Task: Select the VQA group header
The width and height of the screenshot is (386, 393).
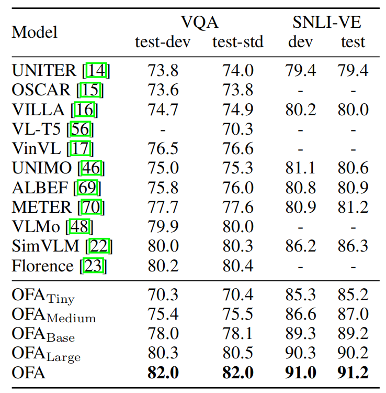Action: [199, 22]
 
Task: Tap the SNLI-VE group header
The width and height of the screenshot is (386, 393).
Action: [326, 22]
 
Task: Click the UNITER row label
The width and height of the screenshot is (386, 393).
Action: [44, 70]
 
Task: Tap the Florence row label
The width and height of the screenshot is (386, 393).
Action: [42, 266]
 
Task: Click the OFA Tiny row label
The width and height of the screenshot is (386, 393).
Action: [43, 296]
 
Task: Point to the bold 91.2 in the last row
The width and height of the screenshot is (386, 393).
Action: [353, 373]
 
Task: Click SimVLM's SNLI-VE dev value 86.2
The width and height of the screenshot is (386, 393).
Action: [300, 246]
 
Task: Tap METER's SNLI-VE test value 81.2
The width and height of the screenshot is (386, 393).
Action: [353, 207]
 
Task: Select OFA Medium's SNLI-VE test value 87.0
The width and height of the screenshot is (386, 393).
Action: [353, 315]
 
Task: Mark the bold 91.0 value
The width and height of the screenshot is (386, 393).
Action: [300, 373]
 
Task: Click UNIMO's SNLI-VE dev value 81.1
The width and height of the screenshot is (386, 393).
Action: [300, 168]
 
